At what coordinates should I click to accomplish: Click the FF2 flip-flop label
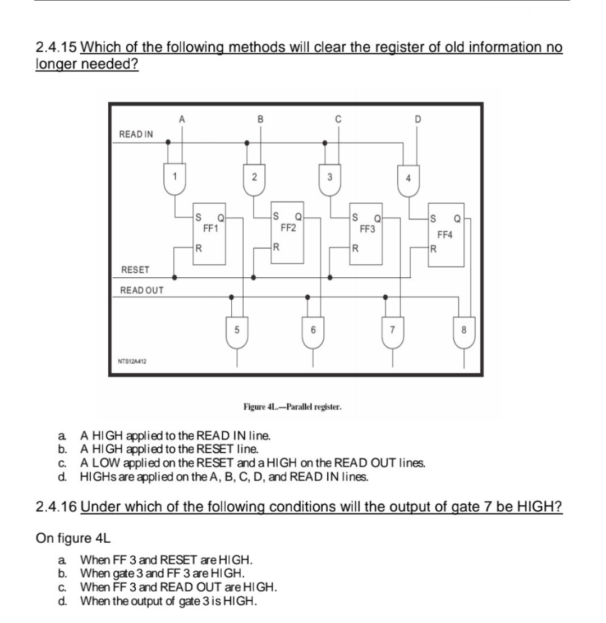tap(288, 228)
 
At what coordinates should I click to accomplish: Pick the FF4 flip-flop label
tap(444, 235)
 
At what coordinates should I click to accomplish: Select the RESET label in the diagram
tap(135, 270)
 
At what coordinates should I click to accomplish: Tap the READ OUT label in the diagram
tap(142, 290)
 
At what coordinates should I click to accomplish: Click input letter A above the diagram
tap(181, 118)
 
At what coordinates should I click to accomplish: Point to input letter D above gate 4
tap(416, 118)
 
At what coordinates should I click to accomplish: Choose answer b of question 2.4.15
tap(168, 448)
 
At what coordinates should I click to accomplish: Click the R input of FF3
tap(355, 248)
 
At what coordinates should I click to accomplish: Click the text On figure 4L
tap(73, 538)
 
